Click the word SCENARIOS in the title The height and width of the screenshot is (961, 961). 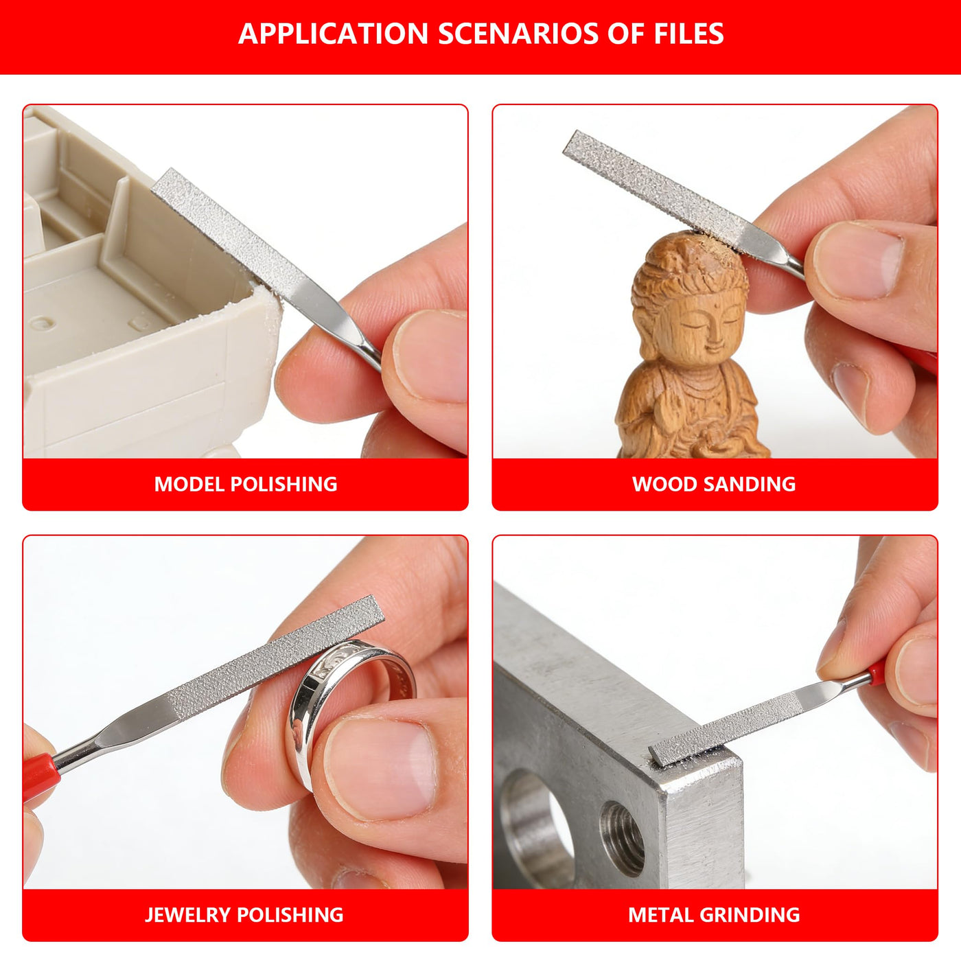518,34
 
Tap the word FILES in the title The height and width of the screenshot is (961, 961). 674,34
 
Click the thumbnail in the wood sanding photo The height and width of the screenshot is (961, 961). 858,261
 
